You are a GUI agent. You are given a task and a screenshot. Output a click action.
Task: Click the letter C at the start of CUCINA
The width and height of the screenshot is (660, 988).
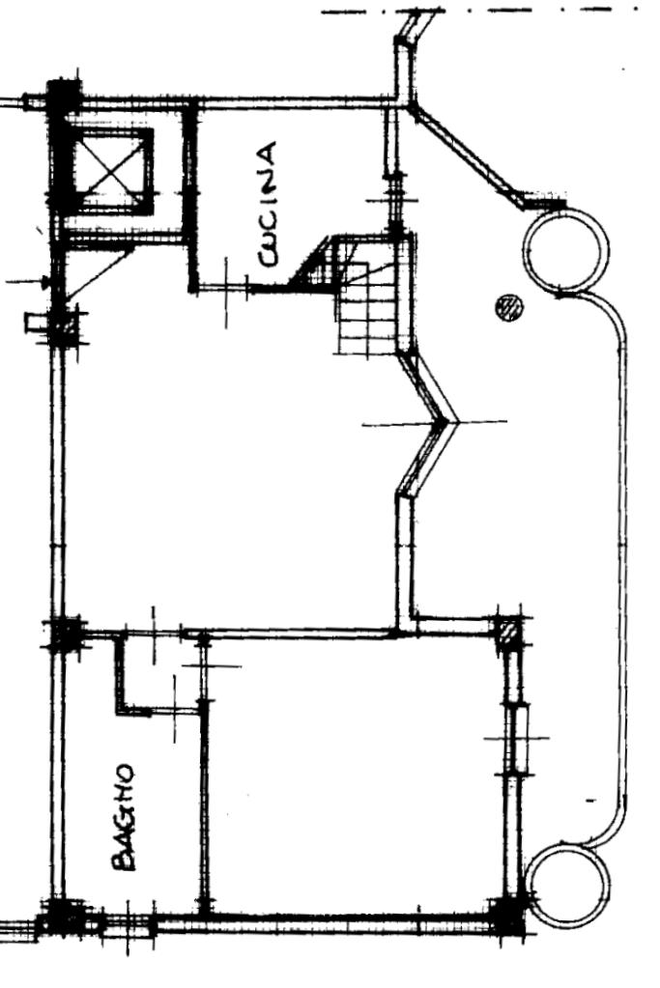click(268, 257)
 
